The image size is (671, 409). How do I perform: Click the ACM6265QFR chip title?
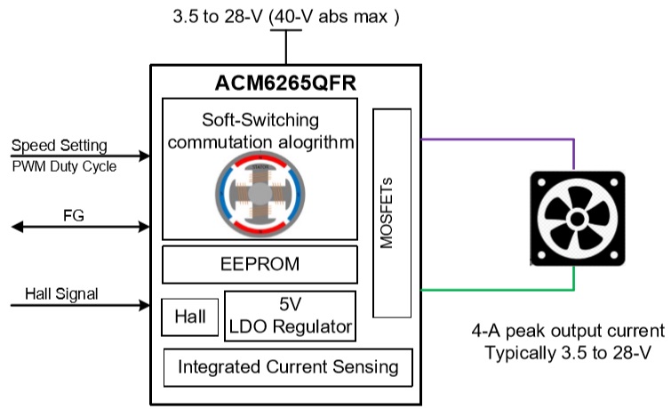(285, 83)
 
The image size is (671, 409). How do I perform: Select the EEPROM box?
(260, 264)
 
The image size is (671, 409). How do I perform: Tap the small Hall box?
(190, 317)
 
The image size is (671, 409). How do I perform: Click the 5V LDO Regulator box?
(290, 316)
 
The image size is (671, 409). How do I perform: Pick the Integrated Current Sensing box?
(288, 367)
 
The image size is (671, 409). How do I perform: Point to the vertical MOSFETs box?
(392, 213)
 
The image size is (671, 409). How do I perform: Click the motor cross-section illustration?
(260, 194)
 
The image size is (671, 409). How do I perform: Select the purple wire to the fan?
(573, 140)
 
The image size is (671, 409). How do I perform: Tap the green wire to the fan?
(573, 290)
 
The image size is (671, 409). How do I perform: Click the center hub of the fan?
(578, 220)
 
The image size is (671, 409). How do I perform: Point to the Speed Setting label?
(59, 146)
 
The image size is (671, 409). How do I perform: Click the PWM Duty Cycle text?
(64, 166)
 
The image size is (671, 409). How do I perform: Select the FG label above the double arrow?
(74, 215)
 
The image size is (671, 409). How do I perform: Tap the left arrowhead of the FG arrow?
(17, 227)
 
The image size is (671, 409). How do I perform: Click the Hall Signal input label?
(61, 293)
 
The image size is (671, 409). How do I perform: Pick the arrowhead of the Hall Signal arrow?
(145, 305)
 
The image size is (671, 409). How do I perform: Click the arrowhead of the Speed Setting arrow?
(145, 156)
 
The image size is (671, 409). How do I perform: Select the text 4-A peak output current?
(568, 331)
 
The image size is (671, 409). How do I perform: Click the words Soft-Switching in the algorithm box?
(260, 120)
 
